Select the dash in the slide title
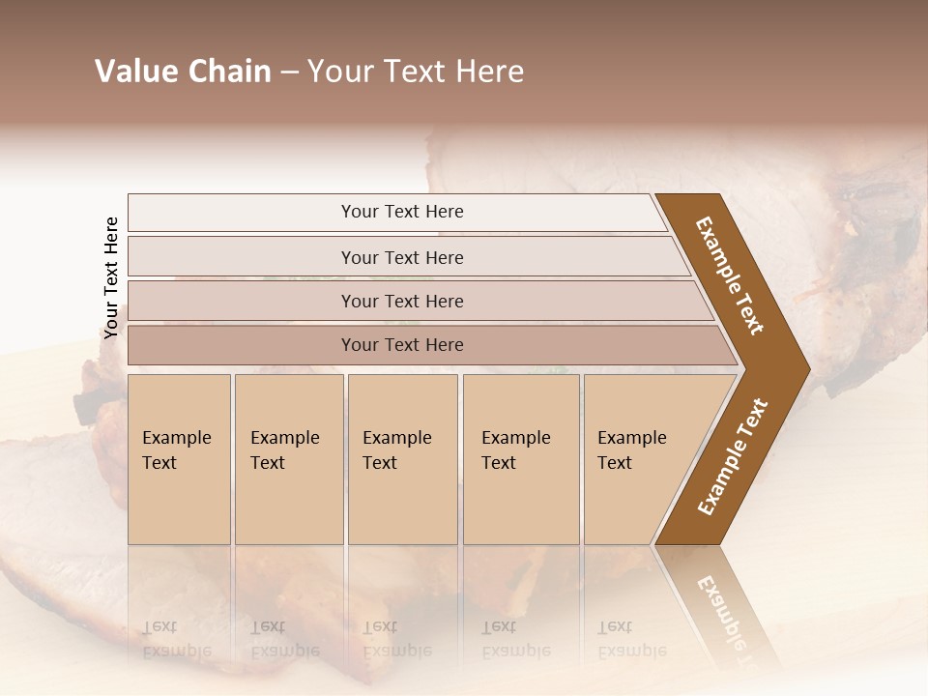289,72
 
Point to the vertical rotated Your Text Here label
111,278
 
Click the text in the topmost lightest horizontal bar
402,212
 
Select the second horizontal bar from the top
402,257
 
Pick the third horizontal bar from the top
402,301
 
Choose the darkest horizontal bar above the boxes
402,345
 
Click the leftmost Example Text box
179,459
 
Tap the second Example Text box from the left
288,459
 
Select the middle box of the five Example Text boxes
402,459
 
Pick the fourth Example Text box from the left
520,459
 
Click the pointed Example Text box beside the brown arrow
638,459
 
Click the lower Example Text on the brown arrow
732,456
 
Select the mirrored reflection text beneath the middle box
396,639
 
